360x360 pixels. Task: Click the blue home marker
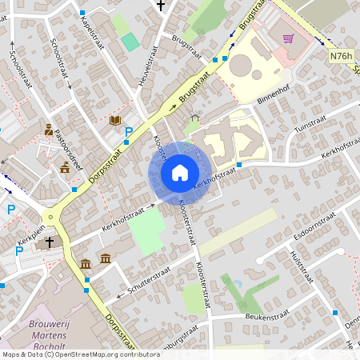[179, 173]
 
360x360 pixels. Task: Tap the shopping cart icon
[287, 38]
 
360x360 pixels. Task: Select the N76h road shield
[340, 57]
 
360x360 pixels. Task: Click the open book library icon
[115, 120]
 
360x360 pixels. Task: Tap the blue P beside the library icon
[128, 131]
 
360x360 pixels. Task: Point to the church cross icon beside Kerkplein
[49, 242]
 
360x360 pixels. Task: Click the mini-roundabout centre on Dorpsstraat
[51, 216]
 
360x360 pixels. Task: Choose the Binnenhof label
[274, 96]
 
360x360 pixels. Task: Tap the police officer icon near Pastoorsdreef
[49, 130]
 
